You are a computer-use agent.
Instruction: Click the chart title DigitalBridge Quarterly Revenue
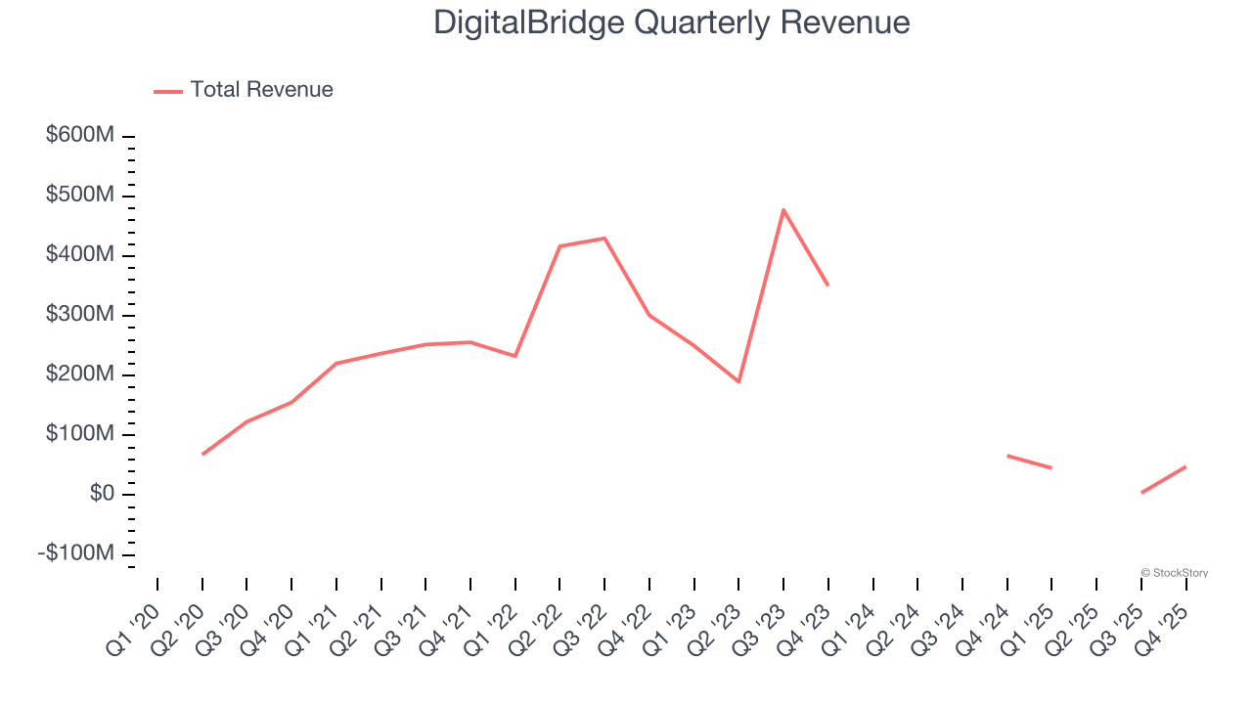(672, 22)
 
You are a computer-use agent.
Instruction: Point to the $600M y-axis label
(80, 135)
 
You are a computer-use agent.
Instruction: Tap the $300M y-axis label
(80, 315)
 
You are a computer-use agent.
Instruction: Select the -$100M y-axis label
(76, 553)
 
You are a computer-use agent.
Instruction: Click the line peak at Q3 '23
(783, 209)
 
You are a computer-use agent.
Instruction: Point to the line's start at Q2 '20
(202, 454)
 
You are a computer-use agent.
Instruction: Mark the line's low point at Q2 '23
(738, 381)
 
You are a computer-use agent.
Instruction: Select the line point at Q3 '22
(604, 238)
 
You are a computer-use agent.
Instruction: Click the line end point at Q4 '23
(828, 285)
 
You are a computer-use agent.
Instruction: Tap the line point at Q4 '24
(1007, 456)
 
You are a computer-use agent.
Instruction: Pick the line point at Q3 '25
(1141, 492)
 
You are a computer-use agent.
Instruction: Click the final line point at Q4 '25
(1185, 466)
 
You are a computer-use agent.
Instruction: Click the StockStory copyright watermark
(1174, 573)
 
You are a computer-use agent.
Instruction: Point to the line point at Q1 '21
(336, 364)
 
